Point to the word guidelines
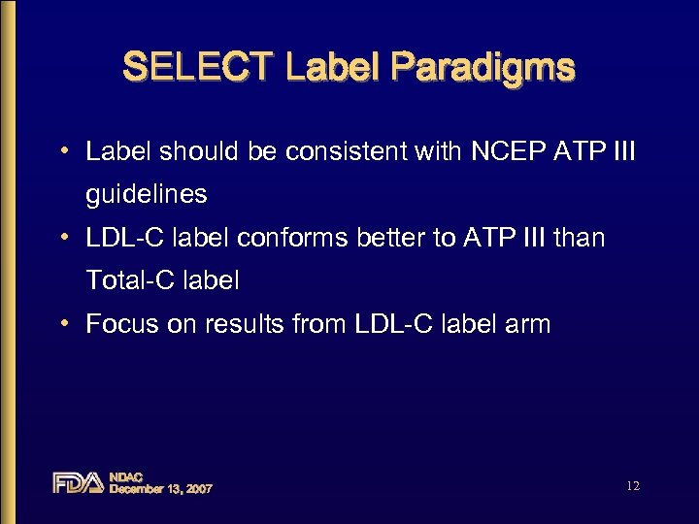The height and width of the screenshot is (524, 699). point(147,194)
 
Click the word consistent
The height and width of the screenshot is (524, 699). point(297,151)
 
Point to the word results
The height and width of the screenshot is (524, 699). point(243,324)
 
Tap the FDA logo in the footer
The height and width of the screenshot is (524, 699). point(78,482)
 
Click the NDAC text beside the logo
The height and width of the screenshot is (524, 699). point(126,476)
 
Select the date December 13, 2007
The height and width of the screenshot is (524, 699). point(160,489)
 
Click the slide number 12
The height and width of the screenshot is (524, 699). point(633,485)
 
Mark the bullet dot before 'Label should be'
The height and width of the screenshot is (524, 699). point(63,152)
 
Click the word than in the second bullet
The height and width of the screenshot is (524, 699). point(579,238)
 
